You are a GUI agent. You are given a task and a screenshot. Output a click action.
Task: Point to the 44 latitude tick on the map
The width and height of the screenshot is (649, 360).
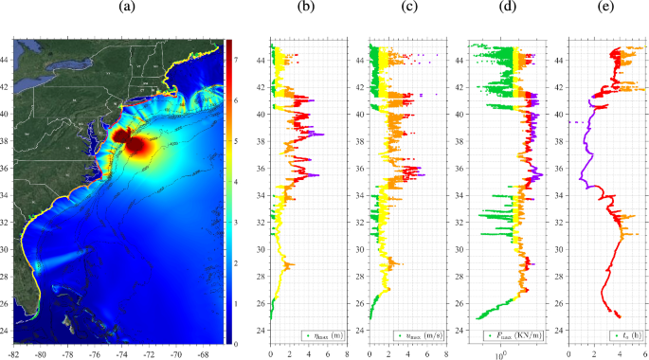point(7,59)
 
